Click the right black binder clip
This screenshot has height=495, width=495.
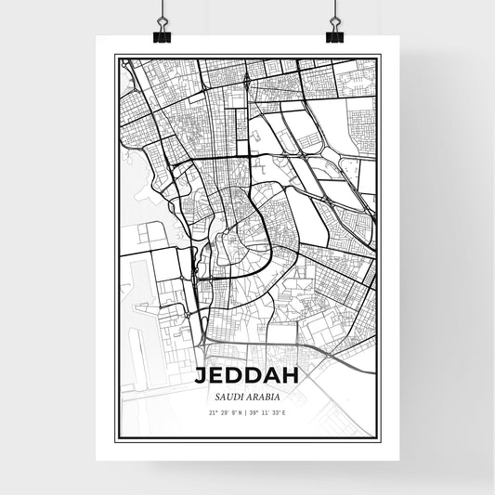pyautogui.click(x=334, y=34)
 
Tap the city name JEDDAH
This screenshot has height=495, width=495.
pyautogui.click(x=247, y=375)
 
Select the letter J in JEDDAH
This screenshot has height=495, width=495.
pyautogui.click(x=201, y=375)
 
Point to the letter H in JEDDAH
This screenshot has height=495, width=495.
pyautogui.click(x=293, y=375)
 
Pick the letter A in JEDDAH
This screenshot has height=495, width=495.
pyautogui.click(x=273, y=375)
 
